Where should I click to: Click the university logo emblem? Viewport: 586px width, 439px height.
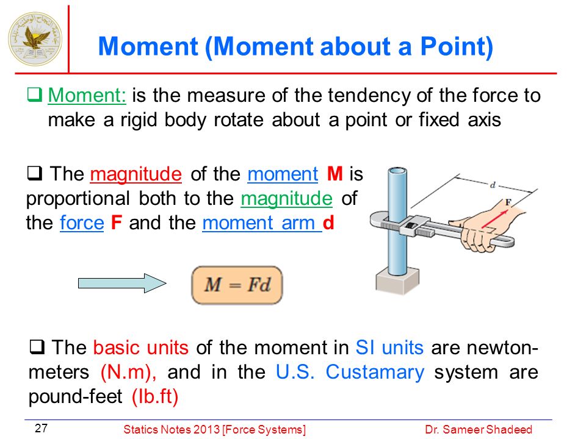[x=35, y=39]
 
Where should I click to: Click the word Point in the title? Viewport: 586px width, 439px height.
[x=457, y=47]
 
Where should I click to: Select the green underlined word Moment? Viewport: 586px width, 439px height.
[x=87, y=95]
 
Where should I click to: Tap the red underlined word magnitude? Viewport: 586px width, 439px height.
[x=136, y=174]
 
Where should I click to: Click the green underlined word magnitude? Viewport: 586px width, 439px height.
[x=287, y=198]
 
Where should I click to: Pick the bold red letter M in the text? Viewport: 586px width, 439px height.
[x=335, y=174]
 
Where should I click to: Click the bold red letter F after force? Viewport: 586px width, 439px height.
[x=117, y=223]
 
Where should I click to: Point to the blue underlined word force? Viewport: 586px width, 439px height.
[x=82, y=223]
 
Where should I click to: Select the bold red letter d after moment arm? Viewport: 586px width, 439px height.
[x=328, y=223]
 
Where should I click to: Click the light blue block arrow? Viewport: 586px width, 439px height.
[x=122, y=284]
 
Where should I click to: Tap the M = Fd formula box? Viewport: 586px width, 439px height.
[x=237, y=285]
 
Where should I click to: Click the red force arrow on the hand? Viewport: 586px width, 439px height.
[x=495, y=219]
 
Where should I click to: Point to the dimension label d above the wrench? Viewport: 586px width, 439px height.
[x=493, y=185]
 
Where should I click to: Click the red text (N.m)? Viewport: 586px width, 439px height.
[x=129, y=372]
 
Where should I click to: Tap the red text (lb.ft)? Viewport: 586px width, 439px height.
[x=155, y=396]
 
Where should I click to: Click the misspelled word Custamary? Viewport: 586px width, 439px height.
[x=375, y=372]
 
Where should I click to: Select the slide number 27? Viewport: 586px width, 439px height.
[x=41, y=428]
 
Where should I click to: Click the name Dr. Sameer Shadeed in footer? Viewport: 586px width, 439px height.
[x=479, y=430]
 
